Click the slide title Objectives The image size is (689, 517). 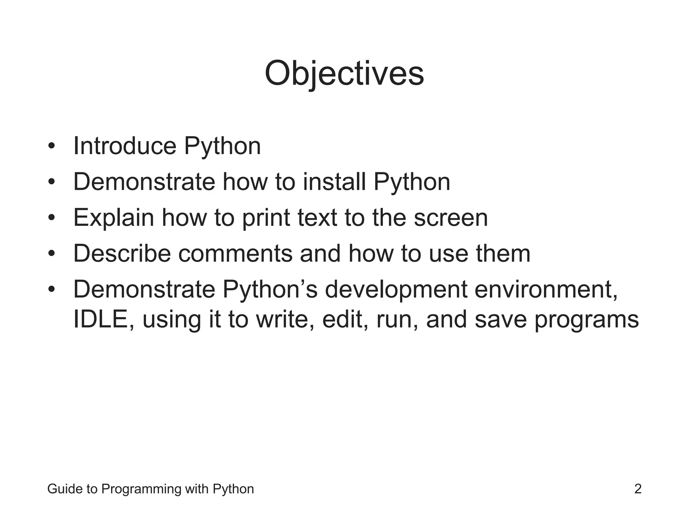pos(344,73)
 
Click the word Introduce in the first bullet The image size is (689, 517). pos(124,146)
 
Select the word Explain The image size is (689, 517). pos(113,218)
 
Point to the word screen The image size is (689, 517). pos(450,218)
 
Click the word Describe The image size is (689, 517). pos(122,253)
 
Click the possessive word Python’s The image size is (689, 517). pos(269,289)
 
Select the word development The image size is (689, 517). pos(396,289)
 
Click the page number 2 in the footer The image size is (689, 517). pos(638,489)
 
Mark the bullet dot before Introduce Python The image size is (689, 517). pos(51,147)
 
